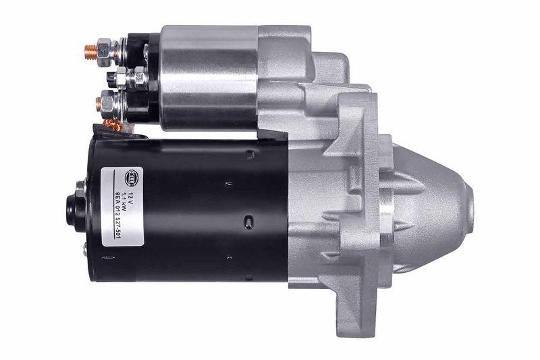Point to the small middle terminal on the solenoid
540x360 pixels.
coord(122,78)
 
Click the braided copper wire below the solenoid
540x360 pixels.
coord(113,125)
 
